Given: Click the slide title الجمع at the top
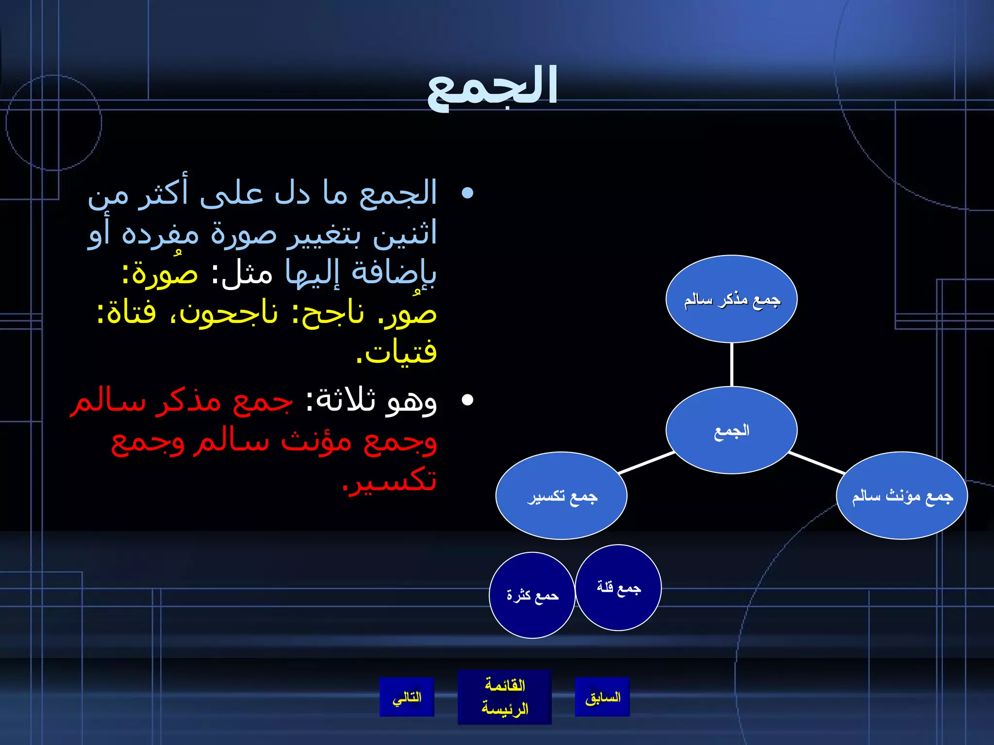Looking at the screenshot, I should click(x=492, y=87).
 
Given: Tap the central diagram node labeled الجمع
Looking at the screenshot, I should click(x=731, y=430).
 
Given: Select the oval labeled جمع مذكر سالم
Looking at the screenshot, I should click(x=731, y=299).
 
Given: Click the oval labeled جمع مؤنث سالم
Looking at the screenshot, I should click(x=902, y=496).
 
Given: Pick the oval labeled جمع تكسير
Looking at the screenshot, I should click(x=562, y=496).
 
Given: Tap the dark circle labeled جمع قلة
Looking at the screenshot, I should click(x=618, y=587).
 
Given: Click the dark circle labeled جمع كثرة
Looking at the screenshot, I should click(x=532, y=595).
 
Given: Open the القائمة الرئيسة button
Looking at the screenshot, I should click(x=504, y=697).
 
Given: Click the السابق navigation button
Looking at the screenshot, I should click(x=602, y=697).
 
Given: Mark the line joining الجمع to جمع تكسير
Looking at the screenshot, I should click(x=646, y=463).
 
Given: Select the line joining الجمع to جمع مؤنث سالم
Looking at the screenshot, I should click(x=817, y=463).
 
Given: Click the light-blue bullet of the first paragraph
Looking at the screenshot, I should click(x=467, y=194).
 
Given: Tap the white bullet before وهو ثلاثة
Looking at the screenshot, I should click(x=467, y=400).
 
